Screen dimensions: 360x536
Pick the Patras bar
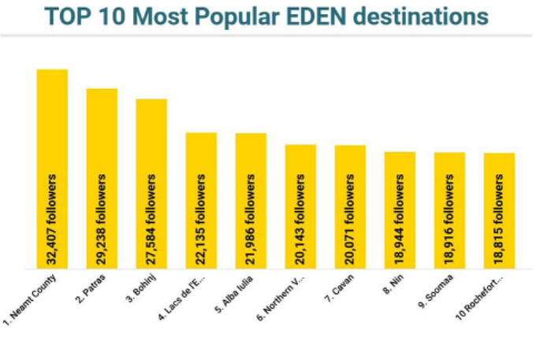pyautogui.click(x=102, y=126)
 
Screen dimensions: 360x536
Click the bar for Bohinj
pyautogui.click(x=151, y=134)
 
